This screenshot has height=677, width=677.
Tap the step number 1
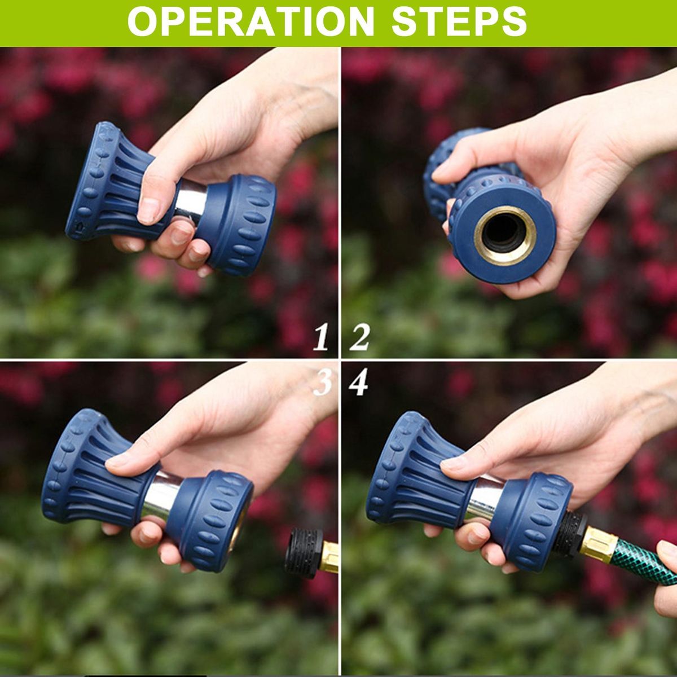pyautogui.click(x=321, y=337)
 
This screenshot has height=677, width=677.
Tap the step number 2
pyautogui.click(x=359, y=337)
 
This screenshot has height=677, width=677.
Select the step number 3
pyautogui.click(x=322, y=383)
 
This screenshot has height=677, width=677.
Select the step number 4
pyautogui.click(x=358, y=383)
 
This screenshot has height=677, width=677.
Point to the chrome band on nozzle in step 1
pyautogui.click(x=191, y=201)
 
